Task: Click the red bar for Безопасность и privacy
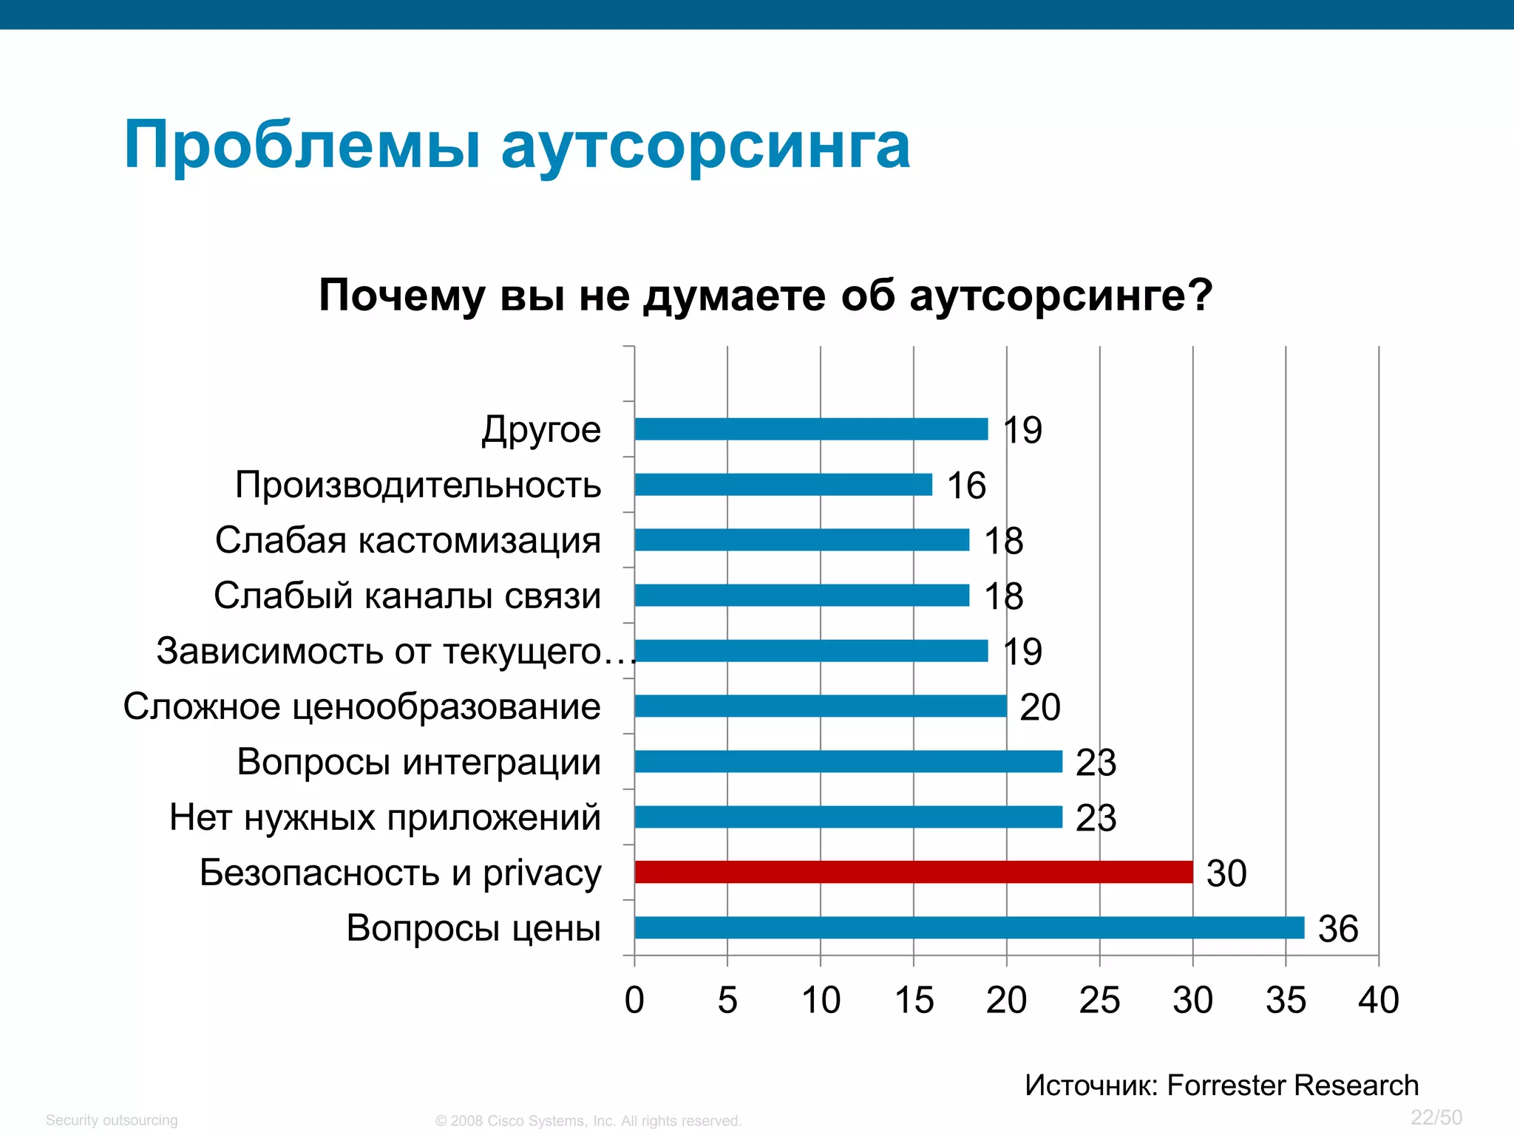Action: coord(913,872)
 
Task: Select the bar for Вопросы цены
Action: coord(968,927)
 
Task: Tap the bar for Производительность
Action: coord(783,485)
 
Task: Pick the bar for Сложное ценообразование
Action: coord(820,706)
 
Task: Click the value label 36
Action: coord(1338,929)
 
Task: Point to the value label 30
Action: coord(1226,873)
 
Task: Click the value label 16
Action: coord(966,486)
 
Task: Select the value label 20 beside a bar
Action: coord(1040,708)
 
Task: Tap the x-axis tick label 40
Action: coord(1379,1001)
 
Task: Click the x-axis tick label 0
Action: coord(634,1001)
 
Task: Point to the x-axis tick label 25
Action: coord(1099,1001)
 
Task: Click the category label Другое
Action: coord(541,430)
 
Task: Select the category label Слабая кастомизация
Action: coord(407,540)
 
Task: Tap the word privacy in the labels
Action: coord(542,874)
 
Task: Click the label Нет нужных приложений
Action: coord(384,817)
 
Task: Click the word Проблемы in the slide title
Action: coord(302,146)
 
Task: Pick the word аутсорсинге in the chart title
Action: coord(1061,296)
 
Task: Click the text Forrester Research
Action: coord(1292,1085)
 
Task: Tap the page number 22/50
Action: coord(1436,1117)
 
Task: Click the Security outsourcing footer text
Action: coord(112,1120)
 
